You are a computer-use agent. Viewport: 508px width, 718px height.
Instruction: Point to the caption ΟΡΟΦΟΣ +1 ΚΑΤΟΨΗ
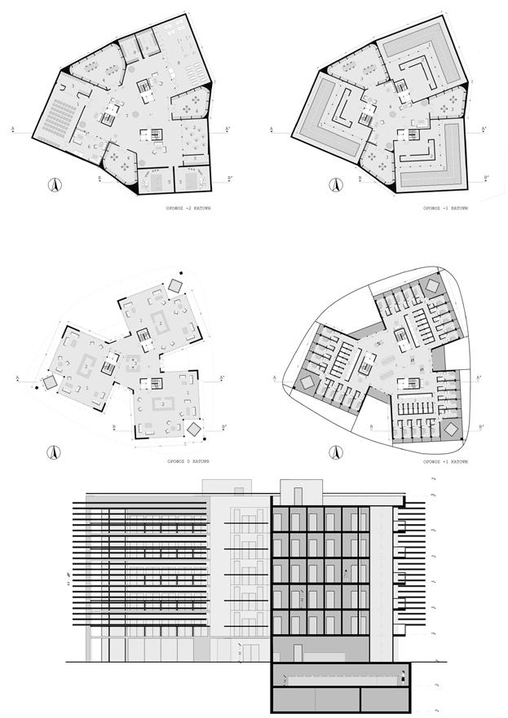tap(445, 460)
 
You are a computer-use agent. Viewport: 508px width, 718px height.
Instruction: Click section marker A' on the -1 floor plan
tap(484, 129)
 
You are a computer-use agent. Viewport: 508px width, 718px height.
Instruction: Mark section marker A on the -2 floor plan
tap(14, 129)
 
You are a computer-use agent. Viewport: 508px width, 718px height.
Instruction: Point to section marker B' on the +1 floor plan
tap(483, 425)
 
